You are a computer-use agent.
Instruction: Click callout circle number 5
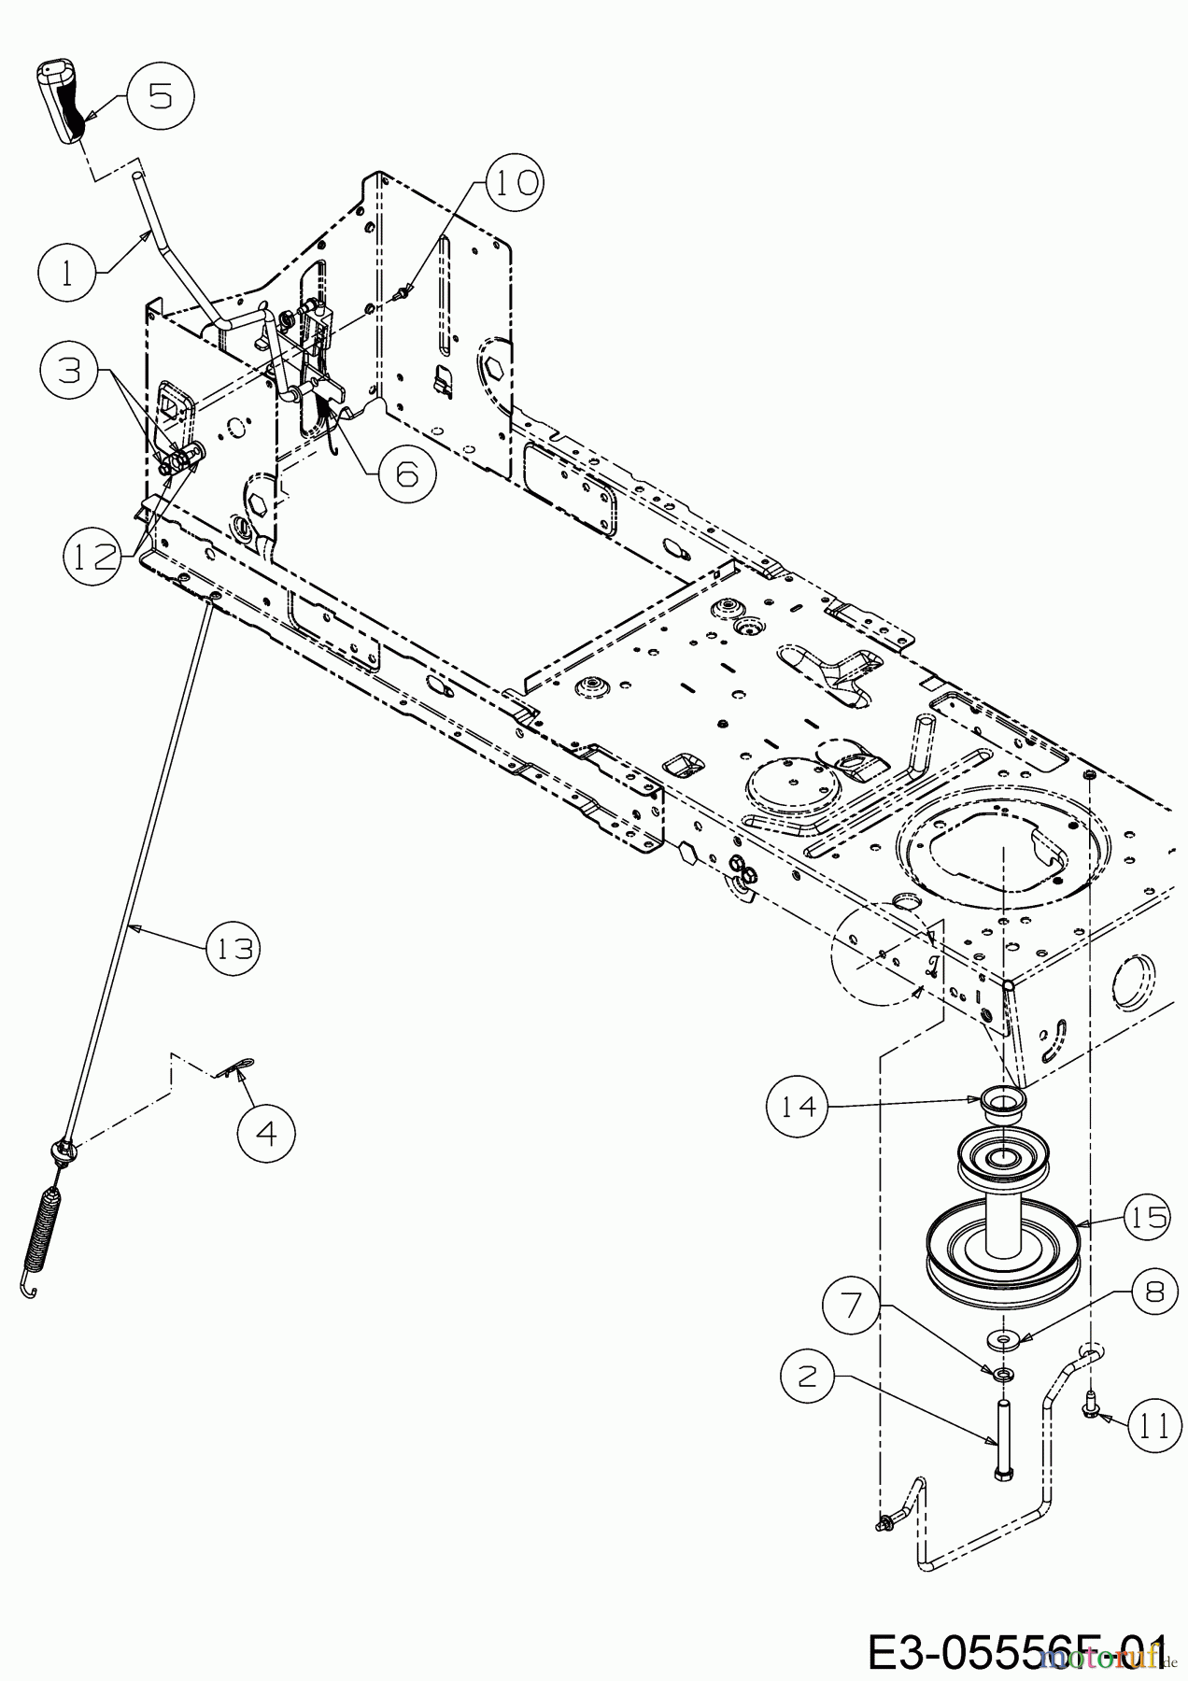(x=161, y=96)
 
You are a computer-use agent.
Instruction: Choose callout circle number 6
(x=407, y=474)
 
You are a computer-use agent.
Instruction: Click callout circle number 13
(x=233, y=949)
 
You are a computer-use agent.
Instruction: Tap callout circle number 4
(x=266, y=1134)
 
